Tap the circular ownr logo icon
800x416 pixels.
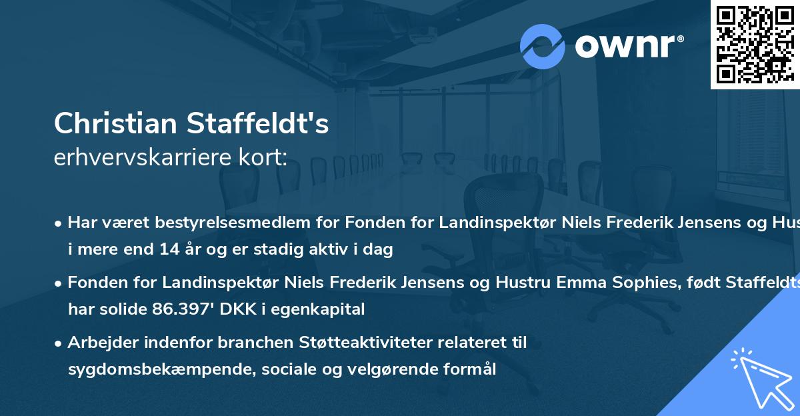(542, 46)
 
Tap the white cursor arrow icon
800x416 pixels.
(759, 376)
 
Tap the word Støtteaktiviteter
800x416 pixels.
(379, 343)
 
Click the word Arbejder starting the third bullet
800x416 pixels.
(99, 343)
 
